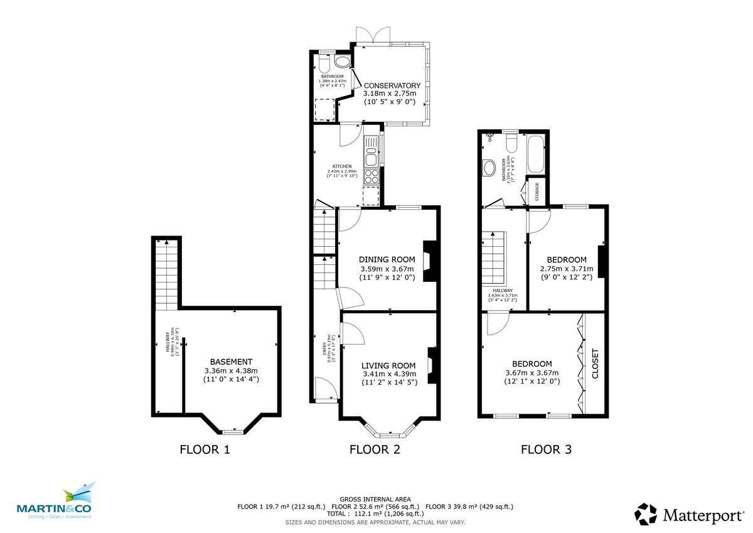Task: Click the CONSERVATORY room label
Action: click(x=392, y=85)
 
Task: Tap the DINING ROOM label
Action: click(x=387, y=259)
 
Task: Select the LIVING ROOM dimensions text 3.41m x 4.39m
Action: click(x=388, y=375)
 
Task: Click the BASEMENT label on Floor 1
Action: click(x=231, y=362)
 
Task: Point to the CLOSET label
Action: click(x=595, y=363)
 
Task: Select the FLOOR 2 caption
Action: click(x=375, y=449)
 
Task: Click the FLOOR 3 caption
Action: click(x=546, y=449)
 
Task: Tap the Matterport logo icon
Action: click(x=646, y=514)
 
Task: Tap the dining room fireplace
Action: click(x=429, y=261)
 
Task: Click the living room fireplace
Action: click(x=431, y=365)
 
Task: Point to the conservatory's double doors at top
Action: click(x=365, y=36)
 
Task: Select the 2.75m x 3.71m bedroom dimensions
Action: click(x=567, y=269)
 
